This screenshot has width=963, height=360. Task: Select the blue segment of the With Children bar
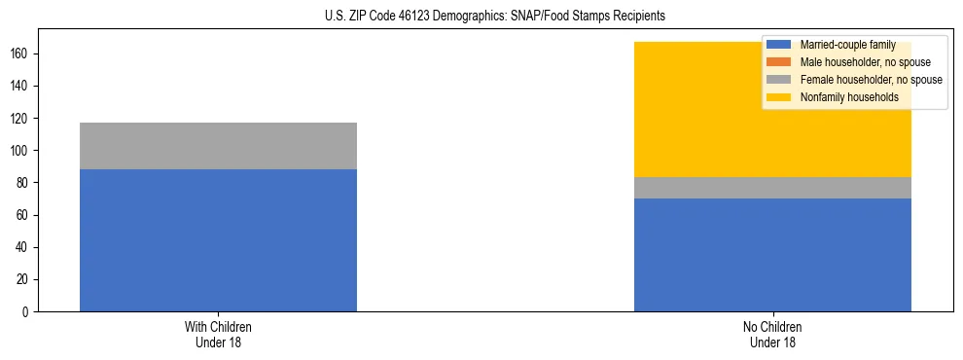pos(218,240)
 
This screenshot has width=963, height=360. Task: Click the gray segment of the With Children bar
pos(218,146)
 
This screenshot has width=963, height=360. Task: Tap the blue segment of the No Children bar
pos(772,255)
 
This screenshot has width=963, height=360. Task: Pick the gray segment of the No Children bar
pos(772,188)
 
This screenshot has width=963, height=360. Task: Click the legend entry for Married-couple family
pos(847,45)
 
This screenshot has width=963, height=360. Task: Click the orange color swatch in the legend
pos(779,62)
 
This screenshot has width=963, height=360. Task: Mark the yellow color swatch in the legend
pos(779,97)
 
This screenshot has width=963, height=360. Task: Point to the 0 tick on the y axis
pos(27,311)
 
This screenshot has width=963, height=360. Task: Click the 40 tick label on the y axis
pos(24,247)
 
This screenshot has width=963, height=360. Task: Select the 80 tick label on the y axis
pos(24,183)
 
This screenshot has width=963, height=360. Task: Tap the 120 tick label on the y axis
pos(21,119)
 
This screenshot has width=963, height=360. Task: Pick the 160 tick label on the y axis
pos(21,54)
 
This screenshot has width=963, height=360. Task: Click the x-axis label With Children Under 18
pos(218,334)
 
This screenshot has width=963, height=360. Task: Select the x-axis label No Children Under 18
pos(772,334)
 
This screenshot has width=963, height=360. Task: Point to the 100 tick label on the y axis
pos(21,151)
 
